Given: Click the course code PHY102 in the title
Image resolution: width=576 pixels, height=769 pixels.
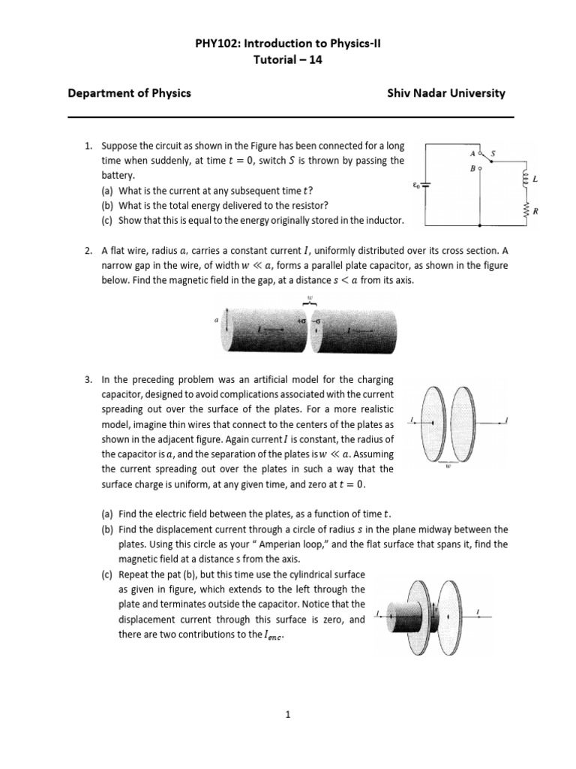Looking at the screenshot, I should pyautogui.click(x=216, y=44).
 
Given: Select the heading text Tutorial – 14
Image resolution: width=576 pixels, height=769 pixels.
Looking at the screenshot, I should pyautogui.click(x=287, y=60).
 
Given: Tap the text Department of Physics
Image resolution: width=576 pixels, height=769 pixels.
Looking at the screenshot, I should pyautogui.click(x=129, y=94).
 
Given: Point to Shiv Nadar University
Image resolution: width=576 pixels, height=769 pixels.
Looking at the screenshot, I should pyautogui.click(x=445, y=94).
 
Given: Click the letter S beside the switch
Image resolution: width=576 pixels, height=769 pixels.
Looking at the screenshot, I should pyautogui.click(x=492, y=152).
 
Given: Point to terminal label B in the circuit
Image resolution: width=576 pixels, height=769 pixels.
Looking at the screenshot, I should pyautogui.click(x=472, y=169).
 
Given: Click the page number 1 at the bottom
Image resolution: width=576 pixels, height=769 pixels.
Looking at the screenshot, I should pyautogui.click(x=287, y=716).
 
